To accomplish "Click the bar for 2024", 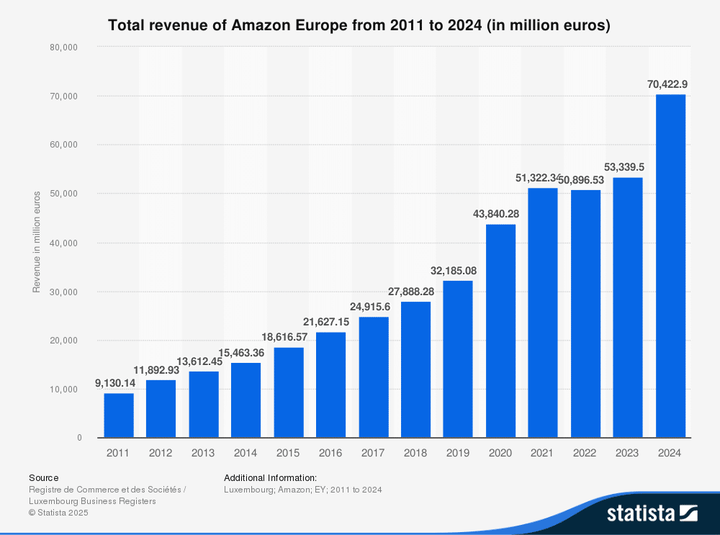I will (670, 266).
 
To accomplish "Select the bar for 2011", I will (118, 415).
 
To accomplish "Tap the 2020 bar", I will (500, 331).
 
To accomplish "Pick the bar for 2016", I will (330, 385).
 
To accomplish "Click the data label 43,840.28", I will (500, 215).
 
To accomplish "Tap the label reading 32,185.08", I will (458, 271).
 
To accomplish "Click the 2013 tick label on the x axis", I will (203, 453).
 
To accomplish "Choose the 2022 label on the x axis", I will (585, 453).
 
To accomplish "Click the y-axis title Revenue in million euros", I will (37, 243).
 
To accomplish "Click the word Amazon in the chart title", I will (261, 26).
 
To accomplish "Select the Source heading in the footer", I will (44, 477).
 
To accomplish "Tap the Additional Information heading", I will (270, 477).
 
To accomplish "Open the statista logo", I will (652, 513).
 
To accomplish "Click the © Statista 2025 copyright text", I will (59, 513).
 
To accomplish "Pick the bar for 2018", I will (415, 369).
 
